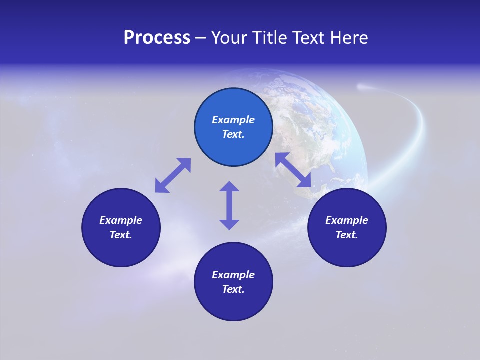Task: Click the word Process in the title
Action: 157,38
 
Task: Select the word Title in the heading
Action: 271,38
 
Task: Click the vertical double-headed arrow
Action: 229,205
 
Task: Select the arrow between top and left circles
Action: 173,175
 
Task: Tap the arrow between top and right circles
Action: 293,170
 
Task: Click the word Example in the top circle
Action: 233,120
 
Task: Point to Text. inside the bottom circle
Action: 233,289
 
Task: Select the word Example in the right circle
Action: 347,220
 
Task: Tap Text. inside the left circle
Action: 121,235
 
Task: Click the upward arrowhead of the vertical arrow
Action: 229,186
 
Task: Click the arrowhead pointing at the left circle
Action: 160,187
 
